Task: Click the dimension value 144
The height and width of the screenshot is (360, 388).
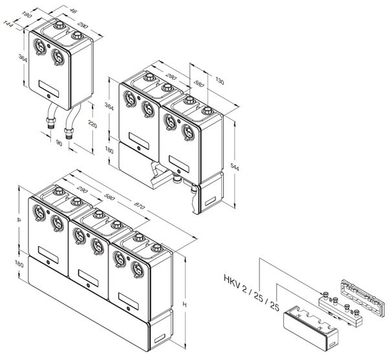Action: (x=8, y=25)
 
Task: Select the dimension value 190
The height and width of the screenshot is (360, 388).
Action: (x=27, y=15)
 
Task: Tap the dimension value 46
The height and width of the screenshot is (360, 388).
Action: (x=73, y=11)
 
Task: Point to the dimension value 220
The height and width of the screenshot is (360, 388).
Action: (x=92, y=124)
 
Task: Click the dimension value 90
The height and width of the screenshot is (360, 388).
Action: (x=59, y=143)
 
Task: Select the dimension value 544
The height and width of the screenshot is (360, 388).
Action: (x=235, y=167)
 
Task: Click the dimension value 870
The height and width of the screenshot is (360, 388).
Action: (x=139, y=205)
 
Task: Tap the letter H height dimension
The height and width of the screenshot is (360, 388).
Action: (x=184, y=304)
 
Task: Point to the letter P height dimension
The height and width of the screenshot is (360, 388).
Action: (x=19, y=220)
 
